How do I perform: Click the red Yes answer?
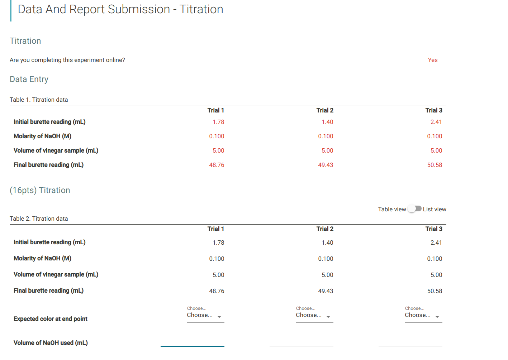432,60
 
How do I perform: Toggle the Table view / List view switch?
414,209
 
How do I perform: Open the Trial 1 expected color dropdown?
205,315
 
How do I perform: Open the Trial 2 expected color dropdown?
314,315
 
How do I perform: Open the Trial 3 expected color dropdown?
423,315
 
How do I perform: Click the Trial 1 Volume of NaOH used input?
193,342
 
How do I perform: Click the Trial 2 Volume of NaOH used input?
302,342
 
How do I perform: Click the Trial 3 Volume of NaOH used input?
410,342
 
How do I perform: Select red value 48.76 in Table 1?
217,165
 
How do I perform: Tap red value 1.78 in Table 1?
218,122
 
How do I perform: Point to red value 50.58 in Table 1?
435,165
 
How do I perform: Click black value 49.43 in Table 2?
326,291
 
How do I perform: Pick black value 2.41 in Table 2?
436,243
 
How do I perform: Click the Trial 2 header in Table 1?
325,110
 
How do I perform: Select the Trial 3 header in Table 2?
434,229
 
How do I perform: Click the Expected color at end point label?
51,319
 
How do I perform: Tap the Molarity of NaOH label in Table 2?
42,258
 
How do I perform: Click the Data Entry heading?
29,79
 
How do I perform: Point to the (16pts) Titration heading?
40,190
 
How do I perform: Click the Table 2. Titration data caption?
39,219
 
